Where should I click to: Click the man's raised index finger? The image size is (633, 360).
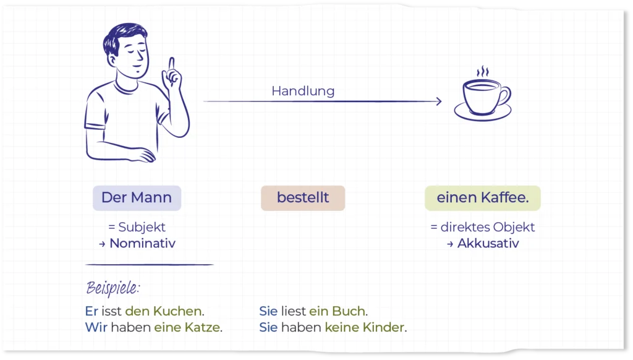click(x=172, y=65)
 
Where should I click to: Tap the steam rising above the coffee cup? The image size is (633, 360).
click(x=482, y=72)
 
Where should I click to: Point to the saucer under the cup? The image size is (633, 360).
click(x=483, y=114)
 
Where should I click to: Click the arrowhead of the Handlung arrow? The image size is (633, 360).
click(x=439, y=101)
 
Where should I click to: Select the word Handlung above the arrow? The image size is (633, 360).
click(x=303, y=91)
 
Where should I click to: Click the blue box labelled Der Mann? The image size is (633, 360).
click(x=137, y=198)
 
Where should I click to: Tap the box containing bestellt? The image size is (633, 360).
click(x=303, y=198)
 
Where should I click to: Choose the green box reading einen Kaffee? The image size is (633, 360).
click(x=482, y=198)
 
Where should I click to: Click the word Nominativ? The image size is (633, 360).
click(x=143, y=243)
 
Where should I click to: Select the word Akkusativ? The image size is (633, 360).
click(x=488, y=243)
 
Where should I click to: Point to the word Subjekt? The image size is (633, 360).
click(x=142, y=227)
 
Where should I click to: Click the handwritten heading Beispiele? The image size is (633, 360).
click(x=113, y=288)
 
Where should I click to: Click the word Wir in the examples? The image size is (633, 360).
click(x=96, y=327)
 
